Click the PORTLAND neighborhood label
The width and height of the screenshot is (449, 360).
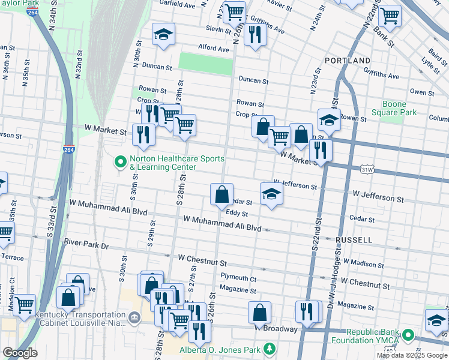(x=348, y=61)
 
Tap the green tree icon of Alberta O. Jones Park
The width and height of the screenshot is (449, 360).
(x=270, y=348)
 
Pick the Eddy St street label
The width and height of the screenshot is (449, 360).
(x=237, y=213)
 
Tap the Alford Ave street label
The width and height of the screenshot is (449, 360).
(x=214, y=49)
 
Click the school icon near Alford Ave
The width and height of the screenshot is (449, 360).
(x=163, y=35)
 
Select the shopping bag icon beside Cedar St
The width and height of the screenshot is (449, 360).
(x=221, y=194)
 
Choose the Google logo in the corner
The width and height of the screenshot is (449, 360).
(x=20, y=353)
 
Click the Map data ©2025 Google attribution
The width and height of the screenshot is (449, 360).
(x=411, y=355)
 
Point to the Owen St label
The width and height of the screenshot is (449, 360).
(x=422, y=92)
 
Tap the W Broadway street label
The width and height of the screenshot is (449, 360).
(x=276, y=329)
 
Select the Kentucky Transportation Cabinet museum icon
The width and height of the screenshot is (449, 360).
(x=133, y=316)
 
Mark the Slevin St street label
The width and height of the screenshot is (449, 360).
(x=218, y=29)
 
